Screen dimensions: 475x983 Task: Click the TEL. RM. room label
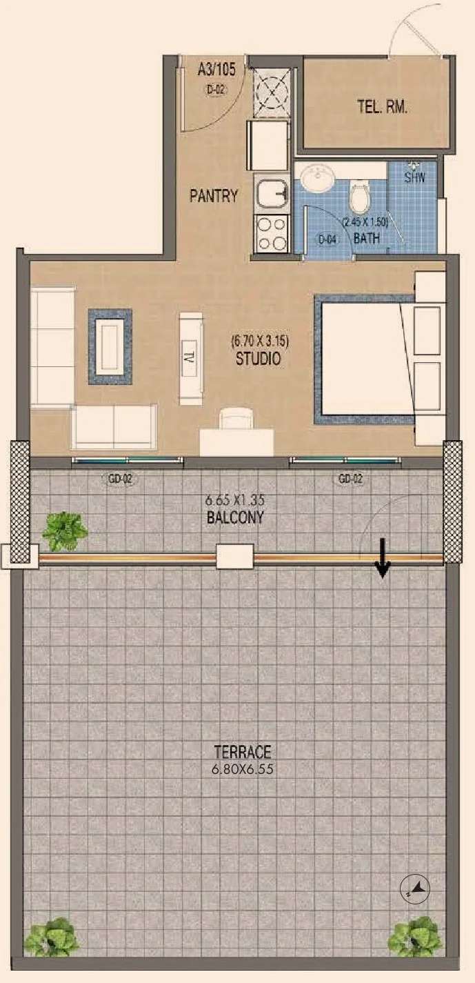pos(382,107)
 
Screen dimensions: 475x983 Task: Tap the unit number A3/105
pos(216,70)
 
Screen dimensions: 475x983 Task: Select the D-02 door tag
pos(216,90)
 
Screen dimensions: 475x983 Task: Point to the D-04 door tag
pos(327,239)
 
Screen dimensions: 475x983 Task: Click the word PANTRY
pos(214,196)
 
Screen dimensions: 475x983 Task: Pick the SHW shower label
pos(414,178)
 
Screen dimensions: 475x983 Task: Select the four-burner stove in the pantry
pos(272,234)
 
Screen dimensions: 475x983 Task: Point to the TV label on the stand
pos(190,357)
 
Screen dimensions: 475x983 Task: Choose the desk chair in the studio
pos(236,418)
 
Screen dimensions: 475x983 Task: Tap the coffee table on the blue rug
pos(110,347)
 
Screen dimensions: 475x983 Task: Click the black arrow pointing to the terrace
pos(383,558)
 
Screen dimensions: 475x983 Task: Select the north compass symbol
pos(415,889)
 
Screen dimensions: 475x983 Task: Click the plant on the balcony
pos(65,531)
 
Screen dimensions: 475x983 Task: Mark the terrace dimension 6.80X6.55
pos(243,769)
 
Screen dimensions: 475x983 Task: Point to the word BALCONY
pos(236,517)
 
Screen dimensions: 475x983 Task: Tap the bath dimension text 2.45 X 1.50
pos(365,222)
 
